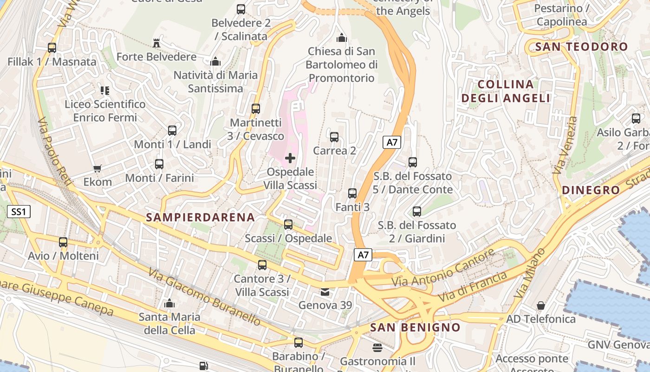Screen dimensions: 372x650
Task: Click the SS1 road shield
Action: (x=19, y=212)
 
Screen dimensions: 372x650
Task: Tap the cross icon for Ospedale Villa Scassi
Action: (x=290, y=158)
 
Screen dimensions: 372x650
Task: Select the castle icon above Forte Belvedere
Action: (x=156, y=43)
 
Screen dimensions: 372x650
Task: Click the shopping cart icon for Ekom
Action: (x=97, y=168)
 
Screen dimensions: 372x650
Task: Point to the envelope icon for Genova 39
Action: (x=325, y=292)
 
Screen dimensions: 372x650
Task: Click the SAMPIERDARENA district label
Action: (x=201, y=217)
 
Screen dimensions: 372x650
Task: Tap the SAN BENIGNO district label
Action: (x=415, y=327)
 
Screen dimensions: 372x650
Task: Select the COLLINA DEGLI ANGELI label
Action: (x=506, y=91)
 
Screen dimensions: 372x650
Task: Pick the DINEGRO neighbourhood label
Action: (x=591, y=190)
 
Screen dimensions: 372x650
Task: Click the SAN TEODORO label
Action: (x=581, y=47)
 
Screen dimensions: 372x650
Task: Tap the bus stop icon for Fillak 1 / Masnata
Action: (x=52, y=48)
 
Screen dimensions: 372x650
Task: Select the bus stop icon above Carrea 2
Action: (x=334, y=137)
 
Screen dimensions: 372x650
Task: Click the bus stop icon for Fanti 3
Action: (x=352, y=193)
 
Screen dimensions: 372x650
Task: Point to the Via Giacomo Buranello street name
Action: (x=205, y=296)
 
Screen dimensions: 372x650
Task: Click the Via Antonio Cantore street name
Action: (x=443, y=268)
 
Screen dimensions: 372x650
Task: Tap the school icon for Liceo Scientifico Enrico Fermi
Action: (x=105, y=90)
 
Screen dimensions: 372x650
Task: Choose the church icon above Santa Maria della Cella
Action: (x=169, y=304)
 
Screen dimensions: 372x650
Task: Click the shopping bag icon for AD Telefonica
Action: (x=540, y=306)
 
